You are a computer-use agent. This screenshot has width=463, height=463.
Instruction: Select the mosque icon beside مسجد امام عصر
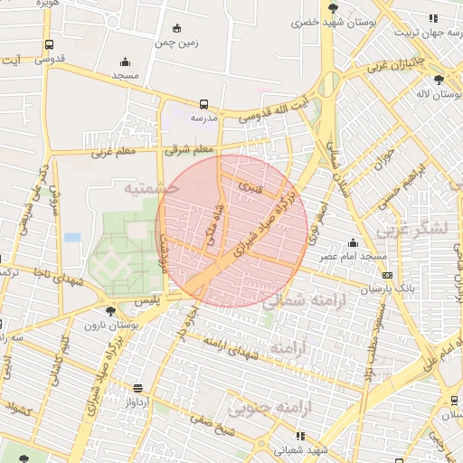pyautogui.click(x=354, y=241)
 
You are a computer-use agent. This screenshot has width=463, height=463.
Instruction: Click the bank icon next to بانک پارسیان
pyautogui.click(x=388, y=275)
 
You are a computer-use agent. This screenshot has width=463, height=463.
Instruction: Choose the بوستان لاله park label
pyautogui.click(x=435, y=93)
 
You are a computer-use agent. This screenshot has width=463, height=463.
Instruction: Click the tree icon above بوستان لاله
pyautogui.click(x=439, y=79)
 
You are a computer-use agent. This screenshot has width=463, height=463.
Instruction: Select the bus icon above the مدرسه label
pyautogui.click(x=203, y=104)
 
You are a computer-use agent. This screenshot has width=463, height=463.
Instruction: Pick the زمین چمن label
pyautogui.click(x=176, y=42)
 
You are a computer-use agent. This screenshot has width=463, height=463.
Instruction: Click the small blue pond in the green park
pyautogui.click(x=72, y=237)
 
